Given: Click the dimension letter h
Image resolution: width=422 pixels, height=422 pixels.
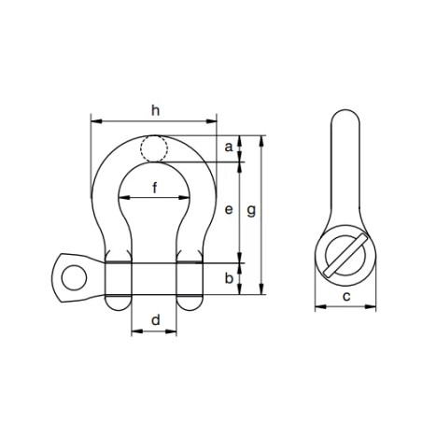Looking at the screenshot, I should point(154,109).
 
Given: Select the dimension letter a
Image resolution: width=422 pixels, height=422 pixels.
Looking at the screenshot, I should point(229,148).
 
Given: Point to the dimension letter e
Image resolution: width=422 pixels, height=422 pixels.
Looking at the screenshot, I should point(229,210).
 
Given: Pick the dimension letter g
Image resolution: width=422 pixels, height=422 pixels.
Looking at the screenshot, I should point(250,212).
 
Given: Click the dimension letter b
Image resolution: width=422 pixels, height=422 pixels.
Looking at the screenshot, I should point(229,278).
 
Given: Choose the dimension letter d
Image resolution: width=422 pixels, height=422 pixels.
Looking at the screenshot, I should point(155,320).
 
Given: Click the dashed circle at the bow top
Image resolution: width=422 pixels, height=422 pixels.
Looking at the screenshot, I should point(154,148).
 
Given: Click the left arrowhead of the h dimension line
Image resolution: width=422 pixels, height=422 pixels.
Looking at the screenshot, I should point(94,120).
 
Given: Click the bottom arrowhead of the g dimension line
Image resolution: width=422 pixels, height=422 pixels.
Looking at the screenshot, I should point(261,291).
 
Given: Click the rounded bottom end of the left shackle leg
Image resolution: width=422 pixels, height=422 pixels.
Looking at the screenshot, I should point(118,302).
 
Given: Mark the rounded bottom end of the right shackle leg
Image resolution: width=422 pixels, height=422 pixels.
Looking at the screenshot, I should point(190,302).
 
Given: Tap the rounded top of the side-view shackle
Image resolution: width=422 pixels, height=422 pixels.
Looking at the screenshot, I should point(345,116).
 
